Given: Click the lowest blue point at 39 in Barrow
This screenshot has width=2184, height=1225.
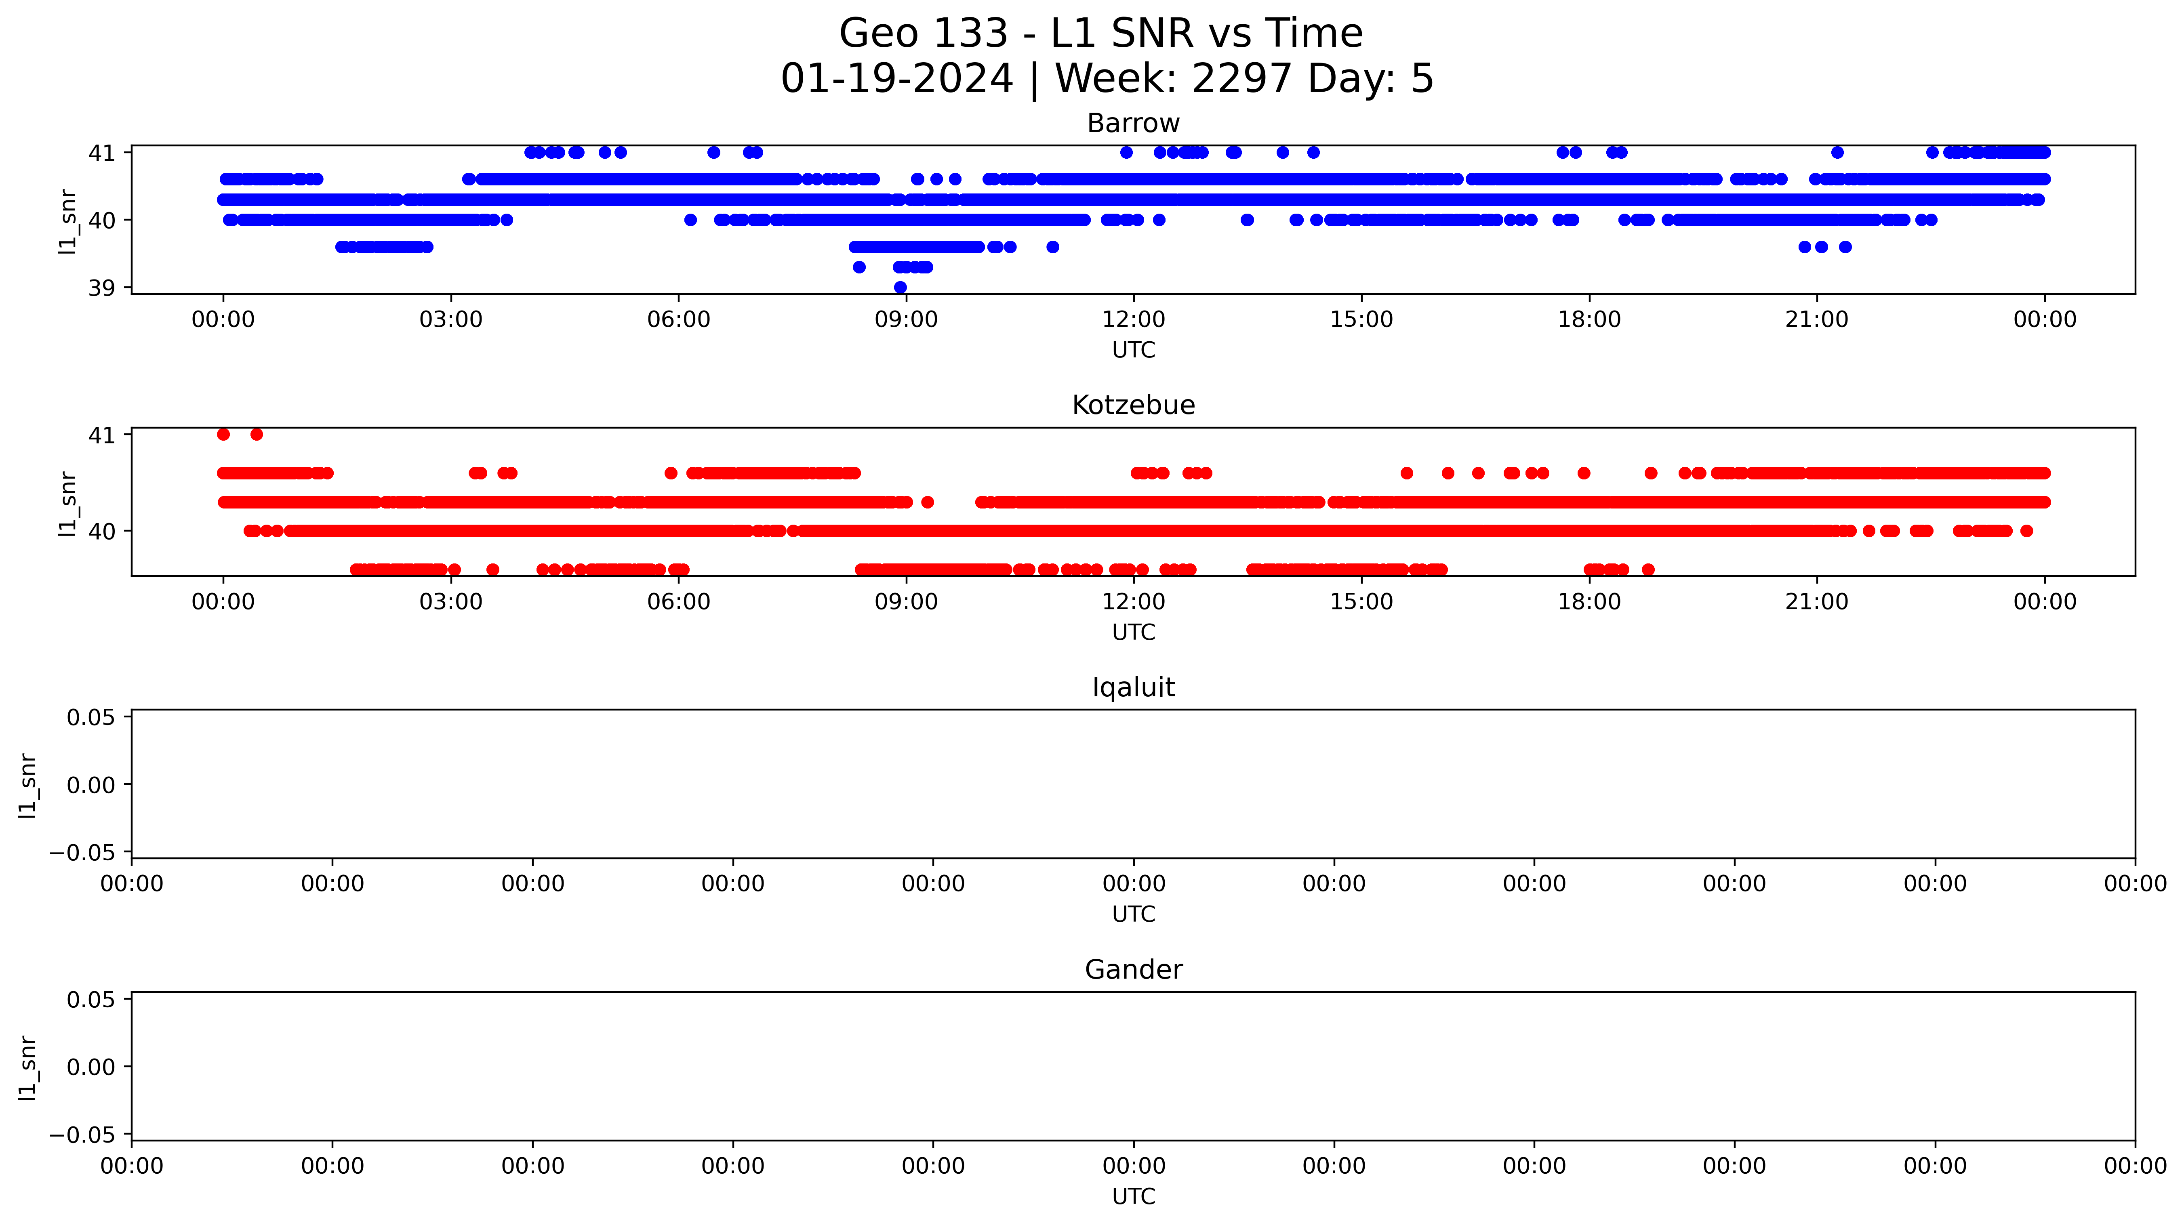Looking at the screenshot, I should (901, 288).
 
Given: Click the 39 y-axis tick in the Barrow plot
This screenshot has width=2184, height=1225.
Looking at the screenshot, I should (102, 288).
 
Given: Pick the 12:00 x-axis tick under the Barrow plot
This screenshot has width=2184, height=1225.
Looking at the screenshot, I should (1134, 319).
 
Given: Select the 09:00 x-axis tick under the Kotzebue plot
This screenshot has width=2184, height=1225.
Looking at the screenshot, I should (906, 602).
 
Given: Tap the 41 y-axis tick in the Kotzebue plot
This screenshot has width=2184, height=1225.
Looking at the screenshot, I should (102, 435).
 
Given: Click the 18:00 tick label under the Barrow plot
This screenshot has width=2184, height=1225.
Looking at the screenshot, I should (1589, 319).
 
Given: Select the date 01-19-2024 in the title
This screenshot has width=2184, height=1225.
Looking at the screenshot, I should (897, 79).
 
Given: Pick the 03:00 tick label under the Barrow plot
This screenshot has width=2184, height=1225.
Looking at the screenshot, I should (451, 319).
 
